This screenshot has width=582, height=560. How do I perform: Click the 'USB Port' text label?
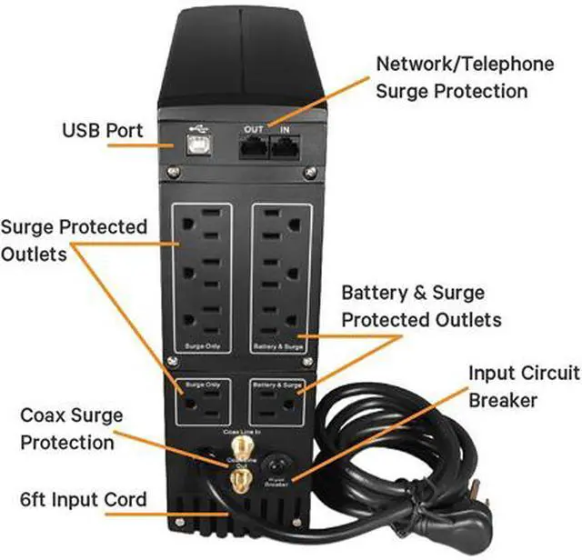103,131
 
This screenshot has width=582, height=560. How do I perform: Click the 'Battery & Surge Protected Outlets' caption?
421,307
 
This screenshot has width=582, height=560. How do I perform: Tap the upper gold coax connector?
241,447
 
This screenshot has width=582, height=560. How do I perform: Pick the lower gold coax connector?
241,480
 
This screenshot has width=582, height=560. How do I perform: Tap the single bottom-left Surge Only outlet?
201,403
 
